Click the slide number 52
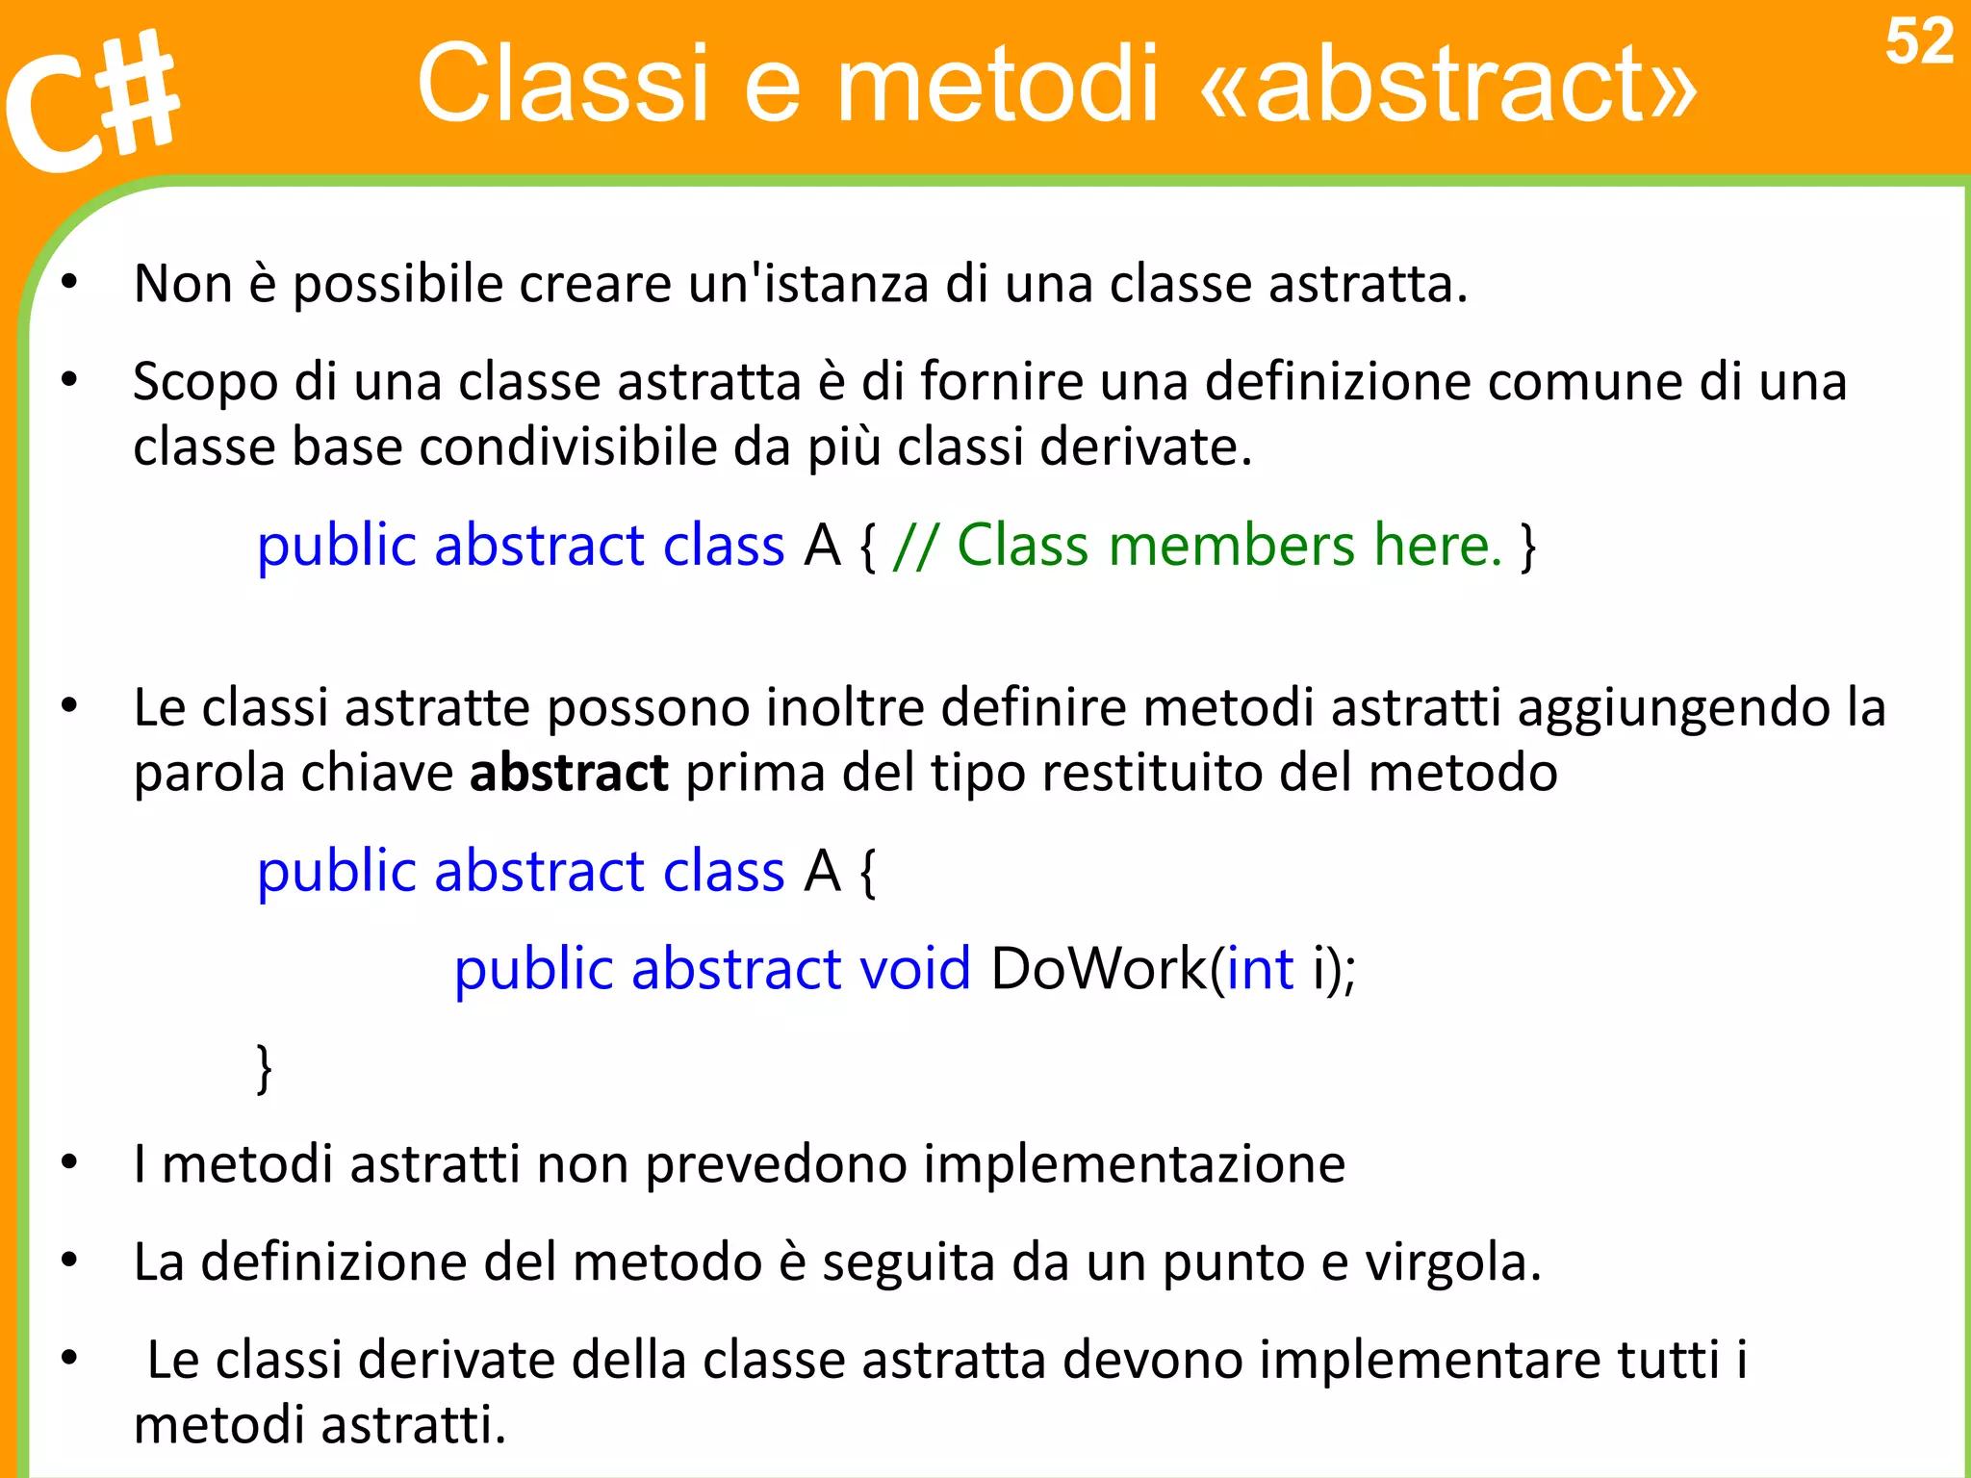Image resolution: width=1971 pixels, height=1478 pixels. coord(1918,43)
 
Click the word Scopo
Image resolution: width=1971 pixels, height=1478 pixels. coord(205,383)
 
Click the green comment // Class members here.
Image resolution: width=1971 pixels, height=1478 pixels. coord(1197,546)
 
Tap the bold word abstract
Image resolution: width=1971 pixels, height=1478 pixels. coord(568,773)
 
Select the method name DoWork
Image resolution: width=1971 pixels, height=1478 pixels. coord(1098,969)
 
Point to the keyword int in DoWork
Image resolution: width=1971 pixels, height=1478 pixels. coord(1259,969)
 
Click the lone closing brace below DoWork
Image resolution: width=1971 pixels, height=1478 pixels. coord(264,1068)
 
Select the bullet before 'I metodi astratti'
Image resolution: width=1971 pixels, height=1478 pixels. coord(69,1163)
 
